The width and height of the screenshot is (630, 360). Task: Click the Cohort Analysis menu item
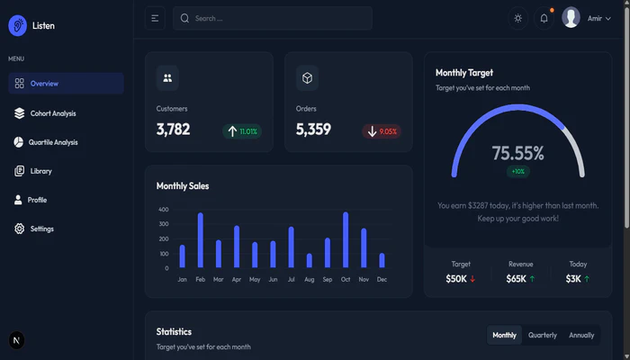[52, 113]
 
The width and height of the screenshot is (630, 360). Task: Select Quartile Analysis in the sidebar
[53, 142]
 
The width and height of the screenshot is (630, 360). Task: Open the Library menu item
[40, 171]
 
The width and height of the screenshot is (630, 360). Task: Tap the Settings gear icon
[20, 229]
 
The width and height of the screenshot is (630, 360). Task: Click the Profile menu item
[37, 200]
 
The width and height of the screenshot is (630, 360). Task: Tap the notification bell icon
[544, 18]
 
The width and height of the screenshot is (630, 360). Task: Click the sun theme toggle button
[517, 18]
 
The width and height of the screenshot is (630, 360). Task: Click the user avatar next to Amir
[571, 18]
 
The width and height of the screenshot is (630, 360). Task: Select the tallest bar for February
[200, 240]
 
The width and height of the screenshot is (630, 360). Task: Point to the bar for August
[310, 260]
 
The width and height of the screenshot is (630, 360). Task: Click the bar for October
[346, 240]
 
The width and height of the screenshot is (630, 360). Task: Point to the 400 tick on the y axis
[164, 210]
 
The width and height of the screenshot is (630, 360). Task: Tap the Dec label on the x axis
[382, 280]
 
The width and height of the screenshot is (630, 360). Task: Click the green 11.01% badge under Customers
[242, 131]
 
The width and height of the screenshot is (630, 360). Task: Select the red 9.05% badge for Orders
[382, 131]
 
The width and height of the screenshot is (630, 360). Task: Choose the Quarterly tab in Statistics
[543, 335]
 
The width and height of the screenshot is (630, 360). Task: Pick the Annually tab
[581, 335]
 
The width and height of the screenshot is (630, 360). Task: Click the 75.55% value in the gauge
[518, 153]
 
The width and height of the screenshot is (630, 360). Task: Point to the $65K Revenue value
[517, 279]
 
